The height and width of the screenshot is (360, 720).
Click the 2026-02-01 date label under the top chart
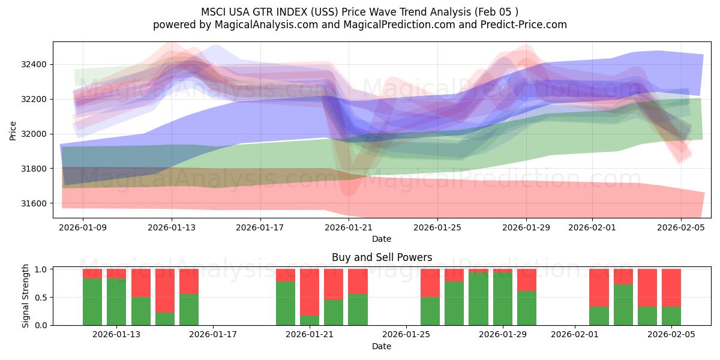(x=592, y=228)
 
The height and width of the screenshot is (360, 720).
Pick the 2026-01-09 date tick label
(x=83, y=228)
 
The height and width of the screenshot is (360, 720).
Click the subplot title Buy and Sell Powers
(x=382, y=257)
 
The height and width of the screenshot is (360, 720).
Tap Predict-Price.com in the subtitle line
(x=528, y=25)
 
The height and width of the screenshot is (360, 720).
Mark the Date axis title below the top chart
(x=382, y=239)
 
